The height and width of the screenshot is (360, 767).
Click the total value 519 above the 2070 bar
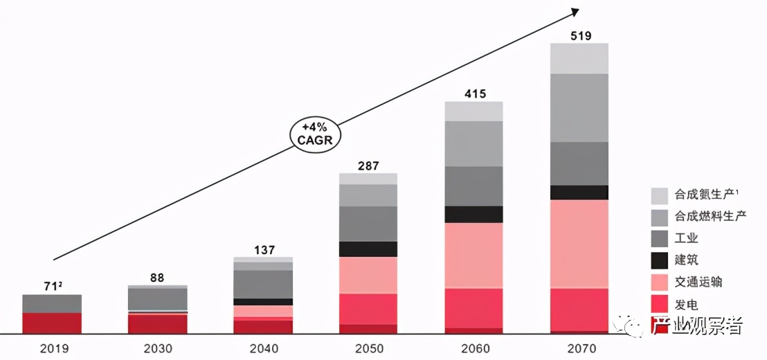pyautogui.click(x=579, y=36)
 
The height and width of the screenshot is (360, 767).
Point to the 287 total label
pyautogui.click(x=368, y=166)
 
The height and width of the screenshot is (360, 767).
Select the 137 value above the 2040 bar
pyautogui.click(x=263, y=249)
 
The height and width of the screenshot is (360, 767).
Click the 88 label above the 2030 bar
pyautogui.click(x=157, y=278)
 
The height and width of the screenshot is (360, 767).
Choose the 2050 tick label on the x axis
pyautogui.click(x=368, y=348)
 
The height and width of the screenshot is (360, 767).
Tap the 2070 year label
pyautogui.click(x=579, y=348)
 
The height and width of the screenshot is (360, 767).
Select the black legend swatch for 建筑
pyautogui.click(x=660, y=260)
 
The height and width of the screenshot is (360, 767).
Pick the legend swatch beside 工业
pyautogui.click(x=660, y=239)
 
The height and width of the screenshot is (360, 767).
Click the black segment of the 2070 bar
pyautogui.click(x=579, y=192)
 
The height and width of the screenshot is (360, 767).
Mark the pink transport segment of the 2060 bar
pyautogui.click(x=474, y=255)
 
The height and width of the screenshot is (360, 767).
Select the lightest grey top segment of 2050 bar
pyautogui.click(x=368, y=179)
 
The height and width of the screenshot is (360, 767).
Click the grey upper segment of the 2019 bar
pyautogui.click(x=52, y=303)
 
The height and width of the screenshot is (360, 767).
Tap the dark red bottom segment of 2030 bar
pyautogui.click(x=157, y=324)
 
